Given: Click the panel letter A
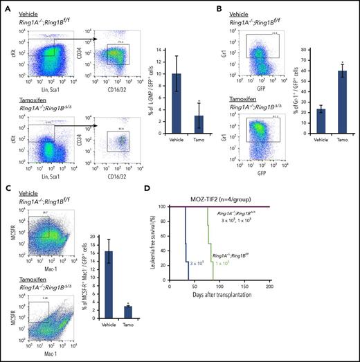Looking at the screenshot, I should [x=6, y=6].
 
